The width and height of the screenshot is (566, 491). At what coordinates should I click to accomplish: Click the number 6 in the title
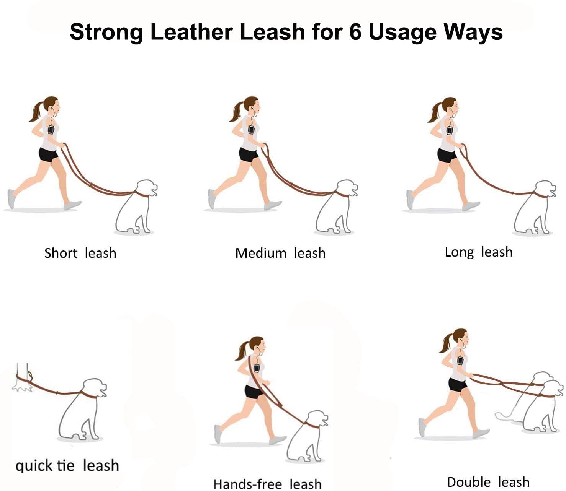click(x=355, y=32)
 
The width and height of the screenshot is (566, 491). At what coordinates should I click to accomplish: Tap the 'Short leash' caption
click(x=80, y=253)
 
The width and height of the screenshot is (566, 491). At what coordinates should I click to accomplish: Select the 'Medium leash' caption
click(x=280, y=253)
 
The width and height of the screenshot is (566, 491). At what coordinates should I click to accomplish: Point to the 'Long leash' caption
click(x=478, y=252)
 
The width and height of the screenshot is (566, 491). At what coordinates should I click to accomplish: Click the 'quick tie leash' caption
click(x=67, y=466)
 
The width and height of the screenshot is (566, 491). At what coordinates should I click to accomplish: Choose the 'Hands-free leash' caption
click(x=267, y=484)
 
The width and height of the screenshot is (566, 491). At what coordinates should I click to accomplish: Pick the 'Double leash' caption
click(x=488, y=482)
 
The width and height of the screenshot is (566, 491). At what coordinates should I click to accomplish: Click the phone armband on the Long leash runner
click(x=450, y=130)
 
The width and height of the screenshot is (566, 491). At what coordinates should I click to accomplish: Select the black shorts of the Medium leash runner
click(x=248, y=154)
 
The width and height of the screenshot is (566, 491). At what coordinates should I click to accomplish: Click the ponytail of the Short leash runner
click(x=36, y=112)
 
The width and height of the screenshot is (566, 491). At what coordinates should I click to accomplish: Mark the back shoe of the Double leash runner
click(x=422, y=428)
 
